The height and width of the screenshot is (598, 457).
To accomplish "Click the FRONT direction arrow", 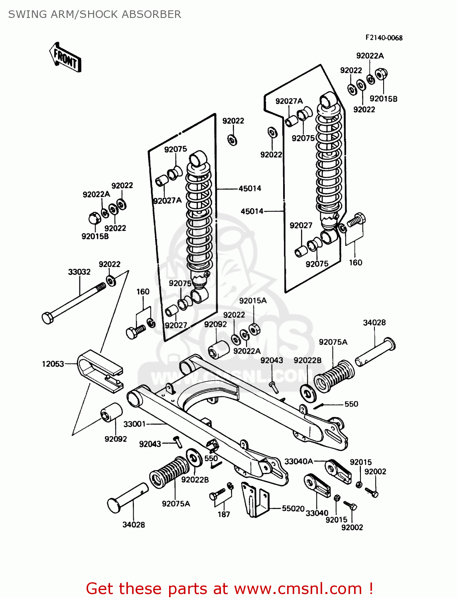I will pyautogui.click(x=65, y=57).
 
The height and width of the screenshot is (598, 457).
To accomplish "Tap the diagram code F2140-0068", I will pyautogui.click(x=384, y=38).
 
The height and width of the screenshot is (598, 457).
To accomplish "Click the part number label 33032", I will pyautogui.click(x=79, y=272).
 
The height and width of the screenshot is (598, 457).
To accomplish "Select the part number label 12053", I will pyautogui.click(x=53, y=364).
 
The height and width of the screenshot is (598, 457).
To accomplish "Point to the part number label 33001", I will pyautogui.click(x=134, y=424).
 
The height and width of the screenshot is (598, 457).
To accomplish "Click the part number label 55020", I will pyautogui.click(x=293, y=508).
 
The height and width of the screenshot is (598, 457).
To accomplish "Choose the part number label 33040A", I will pyautogui.click(x=298, y=461).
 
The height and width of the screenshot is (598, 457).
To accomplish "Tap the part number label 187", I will pyautogui.click(x=224, y=514).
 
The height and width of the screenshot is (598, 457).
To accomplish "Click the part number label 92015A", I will pyautogui.click(x=253, y=301).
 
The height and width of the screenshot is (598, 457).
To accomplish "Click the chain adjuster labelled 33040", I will pyautogui.click(x=317, y=485).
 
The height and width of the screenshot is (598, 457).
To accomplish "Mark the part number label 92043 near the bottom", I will pyautogui.click(x=150, y=444).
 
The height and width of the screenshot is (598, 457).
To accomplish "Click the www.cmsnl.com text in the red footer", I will pyautogui.click(x=298, y=588).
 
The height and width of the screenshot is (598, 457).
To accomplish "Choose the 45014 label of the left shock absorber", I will pyautogui.click(x=250, y=188).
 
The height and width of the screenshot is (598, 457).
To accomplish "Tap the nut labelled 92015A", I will pyautogui.click(x=254, y=329).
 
